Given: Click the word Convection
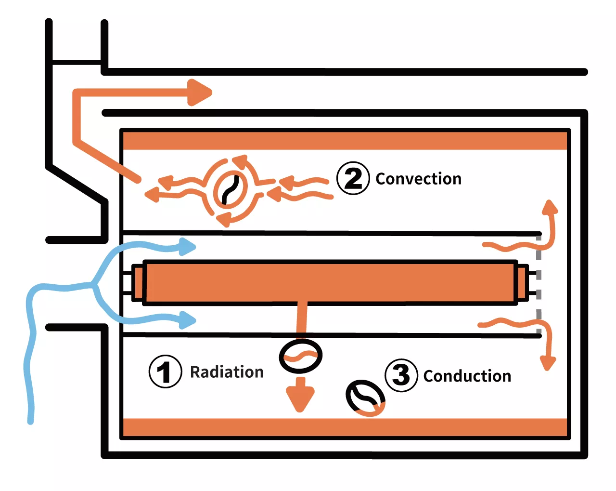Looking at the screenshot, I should [418, 179].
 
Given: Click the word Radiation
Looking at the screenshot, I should [227, 372].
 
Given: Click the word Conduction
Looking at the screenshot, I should [467, 376].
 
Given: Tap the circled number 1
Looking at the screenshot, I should [165, 372].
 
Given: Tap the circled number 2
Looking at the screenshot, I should [353, 178].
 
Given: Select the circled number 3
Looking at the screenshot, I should [401, 375].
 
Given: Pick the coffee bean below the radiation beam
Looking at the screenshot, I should [301, 356].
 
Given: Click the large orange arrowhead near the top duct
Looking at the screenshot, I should [199, 92].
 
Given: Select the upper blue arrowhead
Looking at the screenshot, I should [188, 246].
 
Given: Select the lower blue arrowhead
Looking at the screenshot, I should [188, 319].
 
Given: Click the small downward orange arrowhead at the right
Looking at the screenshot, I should [548, 363].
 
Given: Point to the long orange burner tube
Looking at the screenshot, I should [330, 282].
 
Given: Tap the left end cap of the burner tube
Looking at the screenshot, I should [139, 282].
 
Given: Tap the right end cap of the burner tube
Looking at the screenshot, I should [521, 282].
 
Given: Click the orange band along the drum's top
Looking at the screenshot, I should [345, 140].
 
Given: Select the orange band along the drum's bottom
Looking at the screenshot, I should [345, 427].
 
